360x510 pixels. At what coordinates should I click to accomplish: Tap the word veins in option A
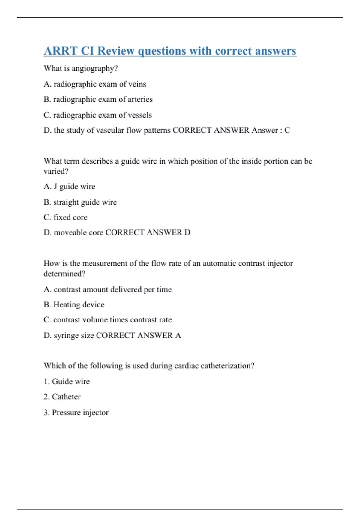point(137,84)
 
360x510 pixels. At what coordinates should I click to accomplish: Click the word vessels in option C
point(140,115)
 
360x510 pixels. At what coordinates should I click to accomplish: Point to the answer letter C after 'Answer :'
point(287,130)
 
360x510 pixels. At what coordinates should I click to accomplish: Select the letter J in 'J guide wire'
point(55,187)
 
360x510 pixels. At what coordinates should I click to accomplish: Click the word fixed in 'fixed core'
point(62,217)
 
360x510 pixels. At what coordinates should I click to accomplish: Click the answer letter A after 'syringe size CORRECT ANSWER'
point(178,335)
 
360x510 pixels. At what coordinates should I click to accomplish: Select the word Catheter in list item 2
point(66,397)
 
